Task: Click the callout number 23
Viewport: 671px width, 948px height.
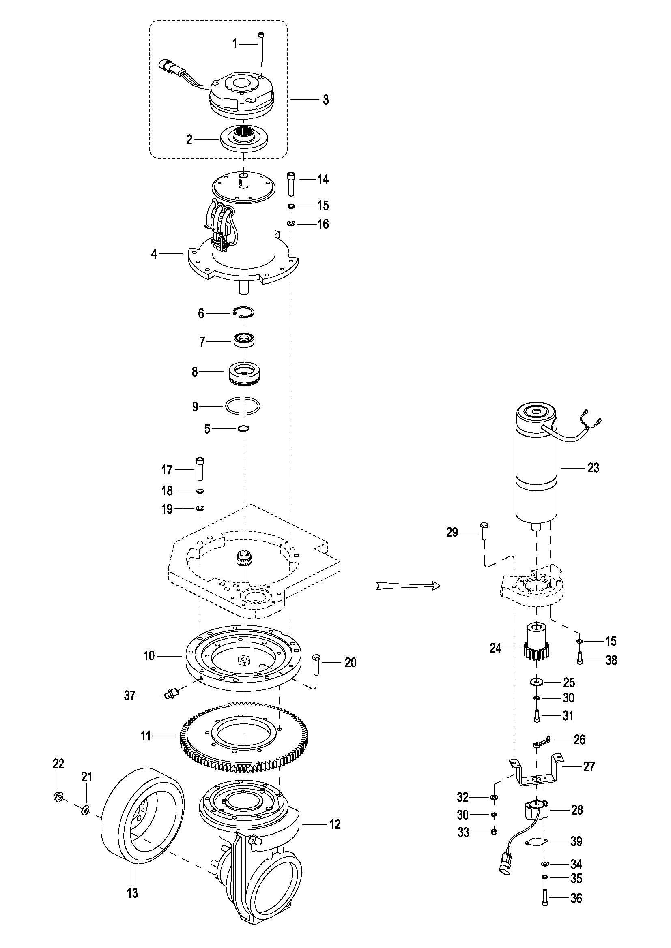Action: coord(593,468)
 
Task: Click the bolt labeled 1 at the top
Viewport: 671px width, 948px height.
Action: coord(262,47)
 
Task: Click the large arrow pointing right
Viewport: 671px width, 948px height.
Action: coord(408,586)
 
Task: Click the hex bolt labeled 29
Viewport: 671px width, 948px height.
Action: coord(484,532)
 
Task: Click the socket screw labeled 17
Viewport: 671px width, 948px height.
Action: coord(200,468)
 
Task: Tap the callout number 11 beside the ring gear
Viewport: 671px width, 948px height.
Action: coord(146,735)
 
